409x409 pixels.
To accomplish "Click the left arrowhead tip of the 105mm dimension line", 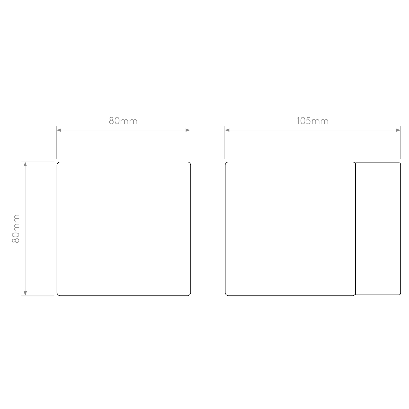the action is click(x=225, y=130).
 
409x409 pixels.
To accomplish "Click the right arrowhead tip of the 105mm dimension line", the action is click(x=401, y=130).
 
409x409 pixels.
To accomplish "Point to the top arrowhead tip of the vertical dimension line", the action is click(x=25, y=162).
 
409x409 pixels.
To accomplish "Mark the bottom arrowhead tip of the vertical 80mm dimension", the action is click(x=25, y=296).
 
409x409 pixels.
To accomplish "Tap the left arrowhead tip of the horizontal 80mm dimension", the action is click(x=57, y=130).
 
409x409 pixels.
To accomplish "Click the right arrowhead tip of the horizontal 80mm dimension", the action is click(x=190, y=130).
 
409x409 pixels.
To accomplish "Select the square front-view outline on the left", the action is click(x=124, y=229).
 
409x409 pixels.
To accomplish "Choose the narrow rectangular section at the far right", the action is click(x=378, y=229).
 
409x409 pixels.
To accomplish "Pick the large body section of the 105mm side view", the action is click(x=290, y=229).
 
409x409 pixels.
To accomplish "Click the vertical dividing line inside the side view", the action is click(x=356, y=229).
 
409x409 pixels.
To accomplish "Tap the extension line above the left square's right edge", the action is click(x=190, y=143).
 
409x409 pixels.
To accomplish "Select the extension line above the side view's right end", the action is click(x=401, y=143).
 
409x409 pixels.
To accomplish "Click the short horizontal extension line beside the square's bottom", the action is click(x=38, y=296).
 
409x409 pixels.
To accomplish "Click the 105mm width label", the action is click(x=312, y=121).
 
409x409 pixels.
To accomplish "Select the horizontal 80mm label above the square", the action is click(x=123, y=121).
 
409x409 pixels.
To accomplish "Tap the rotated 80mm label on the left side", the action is click(x=16, y=229).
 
